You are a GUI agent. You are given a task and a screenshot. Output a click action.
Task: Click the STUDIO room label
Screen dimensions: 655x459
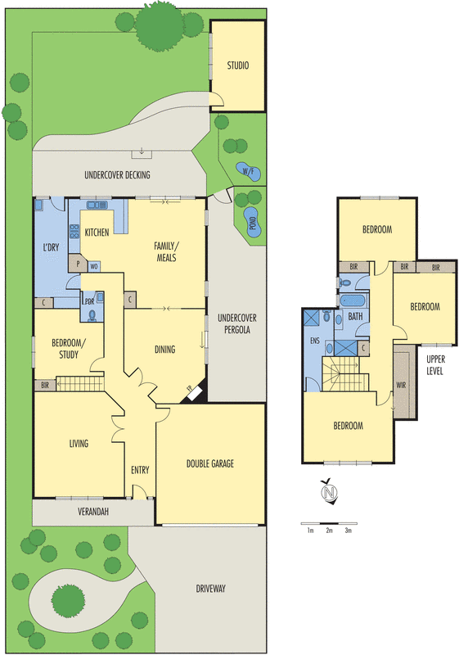(x=237, y=66)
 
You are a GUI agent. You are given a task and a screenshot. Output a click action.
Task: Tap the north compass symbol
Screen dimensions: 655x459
(x=330, y=493)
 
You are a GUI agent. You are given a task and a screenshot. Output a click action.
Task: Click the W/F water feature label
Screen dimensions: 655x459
(x=247, y=170)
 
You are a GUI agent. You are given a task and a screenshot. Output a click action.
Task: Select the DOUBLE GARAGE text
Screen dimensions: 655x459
(x=209, y=463)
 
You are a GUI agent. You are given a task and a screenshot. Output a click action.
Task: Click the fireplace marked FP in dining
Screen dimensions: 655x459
(x=195, y=394)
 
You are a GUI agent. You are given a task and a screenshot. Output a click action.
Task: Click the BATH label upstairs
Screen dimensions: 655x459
(x=355, y=315)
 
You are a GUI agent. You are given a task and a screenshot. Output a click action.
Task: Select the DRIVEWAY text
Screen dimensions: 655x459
(x=211, y=589)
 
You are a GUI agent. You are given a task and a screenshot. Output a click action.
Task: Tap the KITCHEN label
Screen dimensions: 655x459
(x=97, y=233)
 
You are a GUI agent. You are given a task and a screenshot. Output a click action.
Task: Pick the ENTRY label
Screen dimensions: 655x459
(x=140, y=469)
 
